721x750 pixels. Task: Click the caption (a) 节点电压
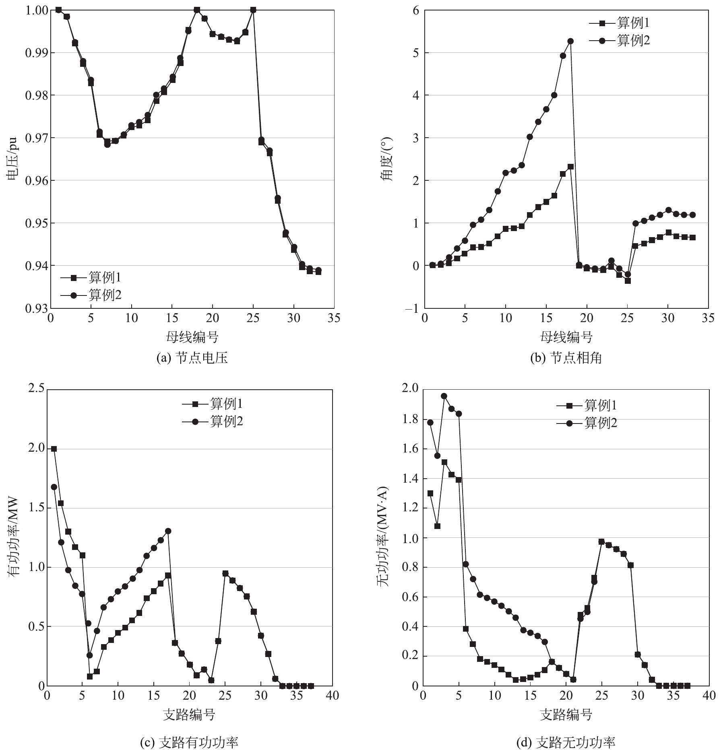click(192, 358)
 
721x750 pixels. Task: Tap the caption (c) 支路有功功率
click(189, 742)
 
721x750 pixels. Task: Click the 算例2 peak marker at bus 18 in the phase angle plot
click(570, 41)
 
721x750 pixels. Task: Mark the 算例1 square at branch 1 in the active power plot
click(54, 449)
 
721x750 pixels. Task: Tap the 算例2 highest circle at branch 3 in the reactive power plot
click(444, 396)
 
